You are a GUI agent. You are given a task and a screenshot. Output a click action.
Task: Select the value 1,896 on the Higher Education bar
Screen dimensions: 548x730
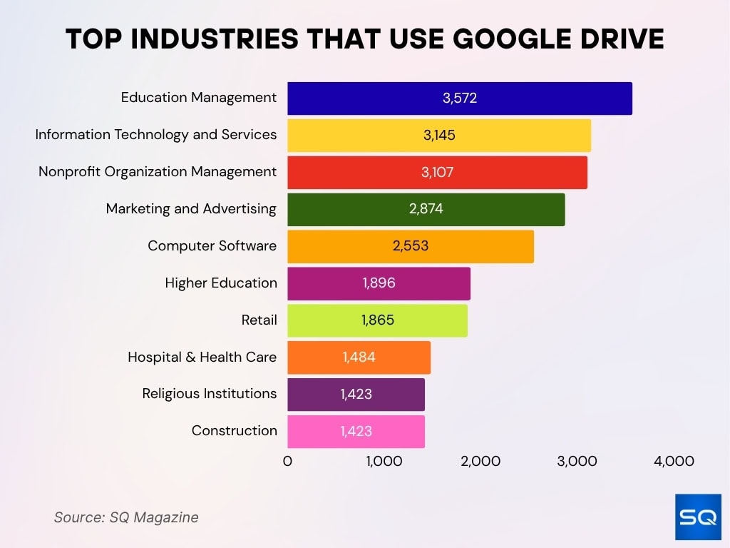pos(379,283)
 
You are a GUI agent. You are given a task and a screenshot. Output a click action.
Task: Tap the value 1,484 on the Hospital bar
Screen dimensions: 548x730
pos(359,357)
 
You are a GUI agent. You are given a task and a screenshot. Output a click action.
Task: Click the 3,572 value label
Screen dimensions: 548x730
pos(460,98)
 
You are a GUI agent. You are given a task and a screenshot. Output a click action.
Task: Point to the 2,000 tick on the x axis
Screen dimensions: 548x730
pos(480,462)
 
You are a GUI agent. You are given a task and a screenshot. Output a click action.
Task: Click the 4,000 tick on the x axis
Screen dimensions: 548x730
pos(674,462)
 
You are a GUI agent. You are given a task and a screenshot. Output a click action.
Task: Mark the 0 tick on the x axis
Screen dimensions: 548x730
pos(287,462)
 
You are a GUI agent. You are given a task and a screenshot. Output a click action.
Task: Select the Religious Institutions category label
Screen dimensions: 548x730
pos(209,394)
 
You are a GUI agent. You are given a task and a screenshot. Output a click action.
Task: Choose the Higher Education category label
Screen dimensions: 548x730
pos(220,283)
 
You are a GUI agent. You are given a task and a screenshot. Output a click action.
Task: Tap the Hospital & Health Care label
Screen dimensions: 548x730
pos(202,357)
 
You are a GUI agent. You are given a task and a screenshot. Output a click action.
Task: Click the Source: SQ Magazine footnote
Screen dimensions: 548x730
pos(126,517)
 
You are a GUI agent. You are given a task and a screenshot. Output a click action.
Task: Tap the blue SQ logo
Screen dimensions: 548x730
pos(698,517)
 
